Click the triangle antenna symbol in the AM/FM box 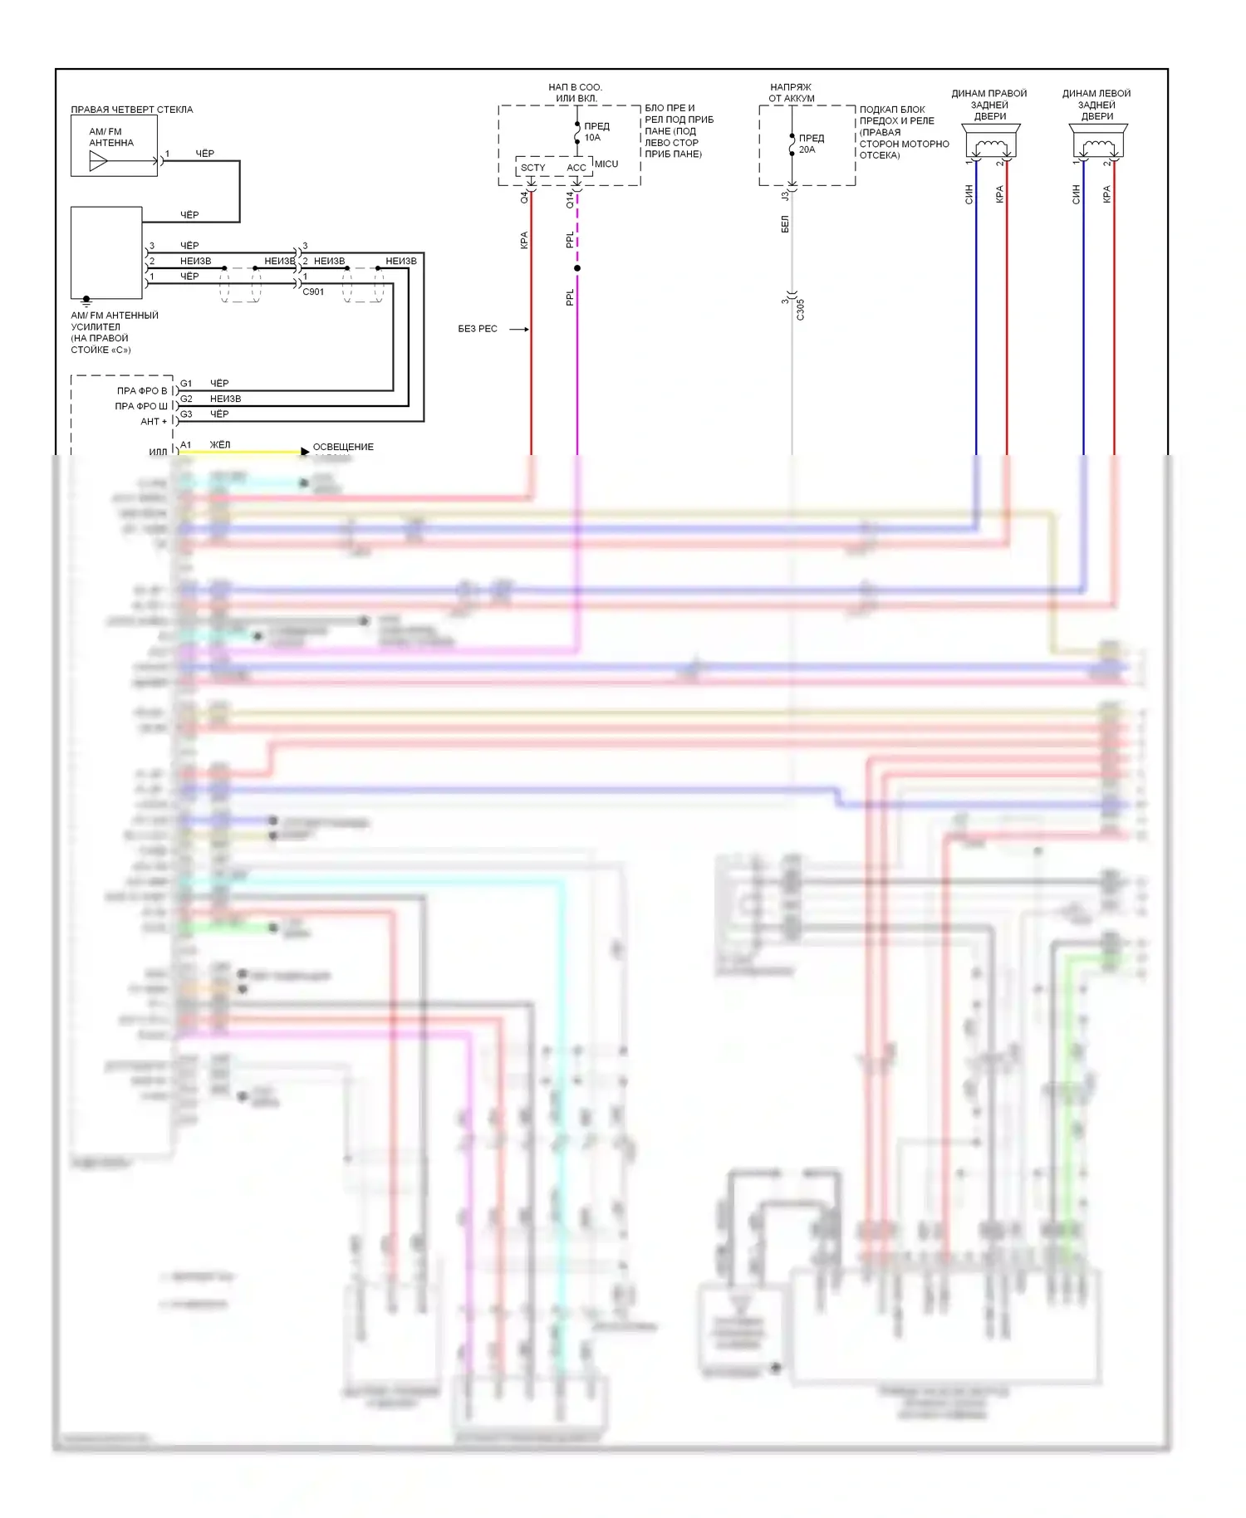pos(98,161)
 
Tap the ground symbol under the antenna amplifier pos(86,301)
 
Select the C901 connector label pos(313,292)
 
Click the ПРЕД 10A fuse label pos(596,132)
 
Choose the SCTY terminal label pos(533,168)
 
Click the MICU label pos(606,164)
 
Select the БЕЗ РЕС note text pos(478,329)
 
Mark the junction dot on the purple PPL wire pos(577,268)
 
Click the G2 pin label pos(186,399)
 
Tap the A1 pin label pos(186,445)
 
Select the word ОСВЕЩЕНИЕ pos(343,447)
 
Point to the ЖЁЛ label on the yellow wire pos(220,445)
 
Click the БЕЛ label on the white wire pos(785,224)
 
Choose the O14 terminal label pos(570,199)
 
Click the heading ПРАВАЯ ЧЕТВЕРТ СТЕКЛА pos(131,110)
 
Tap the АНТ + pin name pos(154,422)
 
